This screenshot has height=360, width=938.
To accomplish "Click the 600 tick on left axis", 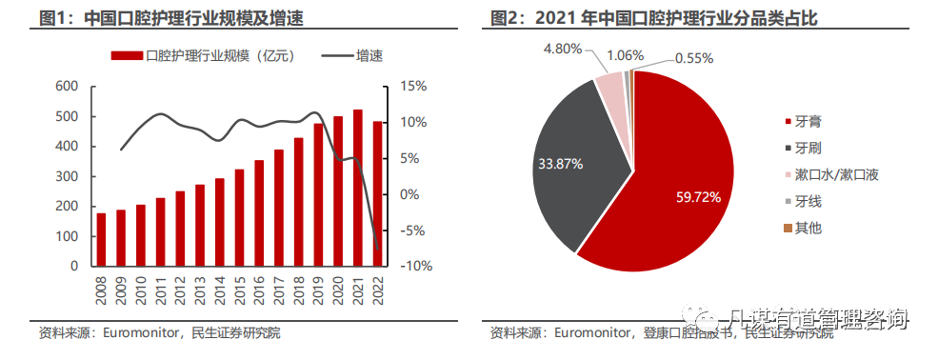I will click(66, 87).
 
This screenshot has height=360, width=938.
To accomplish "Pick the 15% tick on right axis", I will click(412, 87).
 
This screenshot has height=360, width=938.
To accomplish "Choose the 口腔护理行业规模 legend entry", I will click(201, 57).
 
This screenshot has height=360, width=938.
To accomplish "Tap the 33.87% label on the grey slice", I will click(560, 163).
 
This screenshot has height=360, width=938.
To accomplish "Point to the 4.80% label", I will click(563, 48).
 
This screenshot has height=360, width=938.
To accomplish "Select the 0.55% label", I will click(695, 58).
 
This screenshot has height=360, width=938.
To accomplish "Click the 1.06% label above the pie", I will click(624, 54).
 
